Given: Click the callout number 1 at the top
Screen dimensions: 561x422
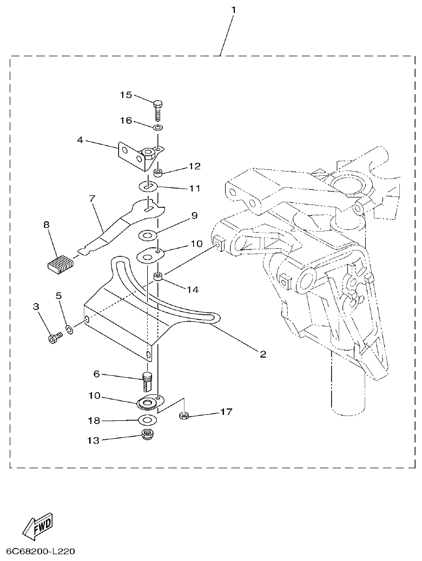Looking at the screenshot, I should point(233,10).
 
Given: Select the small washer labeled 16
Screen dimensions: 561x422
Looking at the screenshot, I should point(157,128).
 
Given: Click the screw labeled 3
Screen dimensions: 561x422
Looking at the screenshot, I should point(55,339).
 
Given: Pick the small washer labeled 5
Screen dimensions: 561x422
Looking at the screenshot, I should point(70,328).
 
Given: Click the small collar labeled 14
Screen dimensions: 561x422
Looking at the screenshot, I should point(159,278).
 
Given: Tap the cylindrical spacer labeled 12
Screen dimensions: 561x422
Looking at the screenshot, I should point(159,173).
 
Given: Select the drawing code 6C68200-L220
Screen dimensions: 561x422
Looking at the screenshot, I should point(41,552).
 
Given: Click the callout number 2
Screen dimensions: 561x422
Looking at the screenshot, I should point(262,354).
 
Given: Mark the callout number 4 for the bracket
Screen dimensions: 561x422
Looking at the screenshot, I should point(80,140).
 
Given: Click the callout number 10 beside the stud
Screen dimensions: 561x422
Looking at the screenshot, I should point(95,395).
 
